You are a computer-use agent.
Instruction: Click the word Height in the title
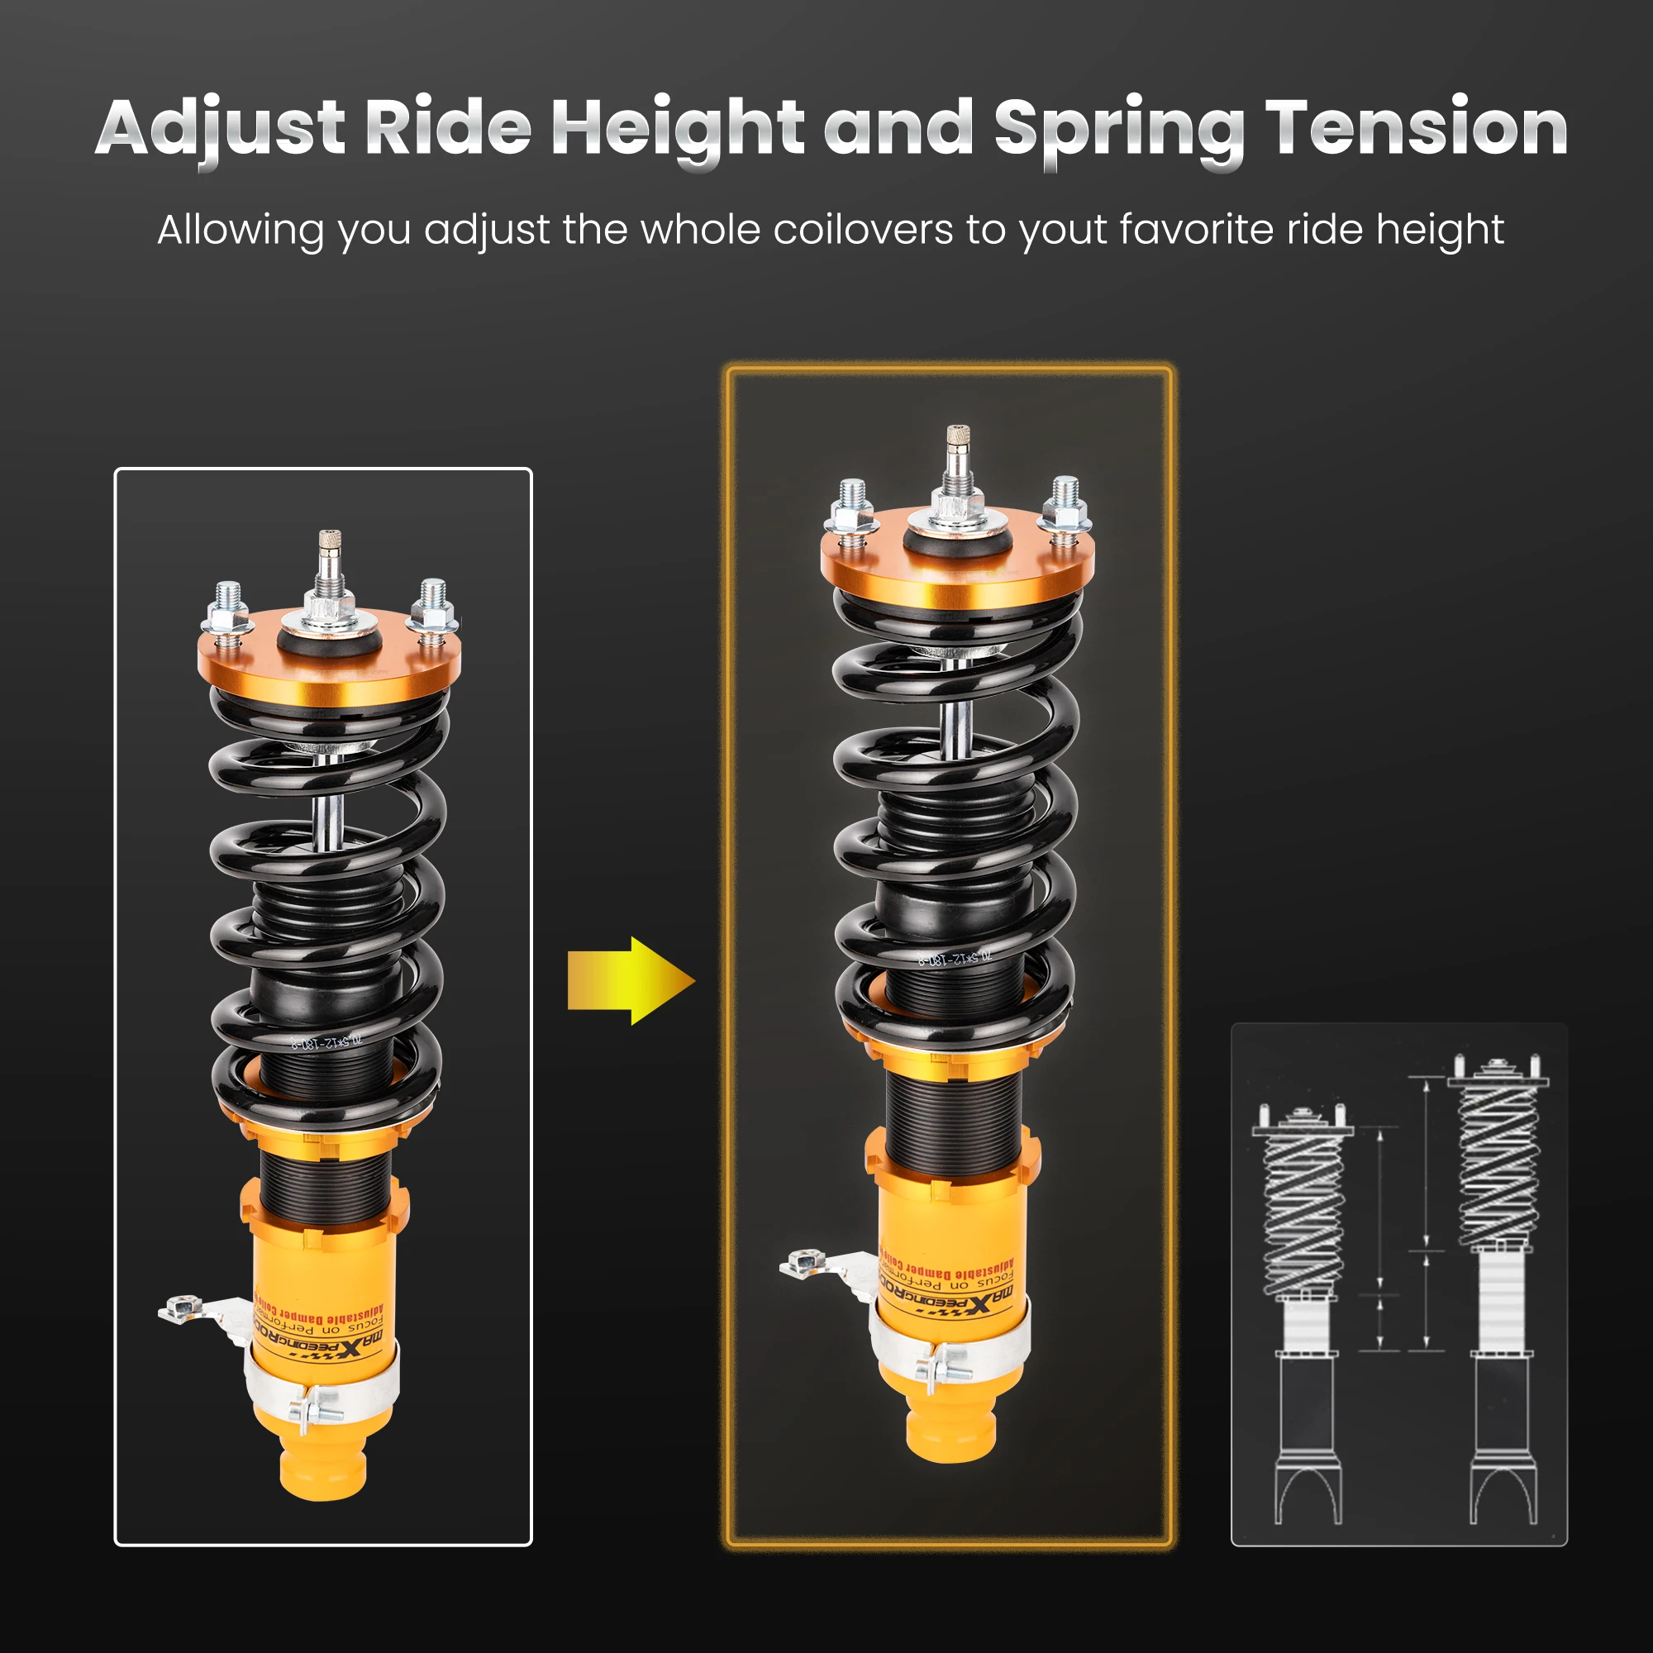pyautogui.click(x=677, y=130)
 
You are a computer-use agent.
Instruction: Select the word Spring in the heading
pyautogui.click(x=1118, y=130)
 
